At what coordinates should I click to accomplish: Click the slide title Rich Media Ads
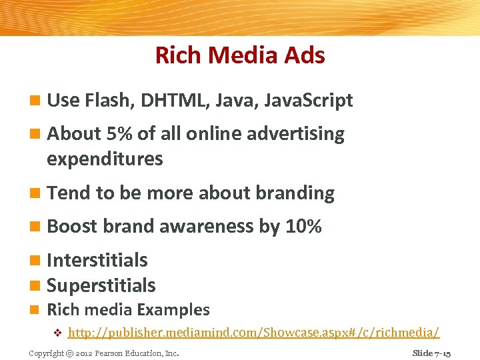(240, 55)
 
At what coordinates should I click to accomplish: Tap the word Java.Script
(309, 101)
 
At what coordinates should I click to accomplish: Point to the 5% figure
(120, 134)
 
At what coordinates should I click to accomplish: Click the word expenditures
(105, 159)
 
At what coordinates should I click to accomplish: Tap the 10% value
(303, 227)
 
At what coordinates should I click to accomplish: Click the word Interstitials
(97, 260)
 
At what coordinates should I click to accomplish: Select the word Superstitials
(101, 285)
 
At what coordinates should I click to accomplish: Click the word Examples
(173, 310)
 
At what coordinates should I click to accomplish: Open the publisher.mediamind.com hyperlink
(253, 332)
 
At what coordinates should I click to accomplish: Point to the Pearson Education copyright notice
(103, 353)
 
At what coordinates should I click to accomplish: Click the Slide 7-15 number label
(431, 353)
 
